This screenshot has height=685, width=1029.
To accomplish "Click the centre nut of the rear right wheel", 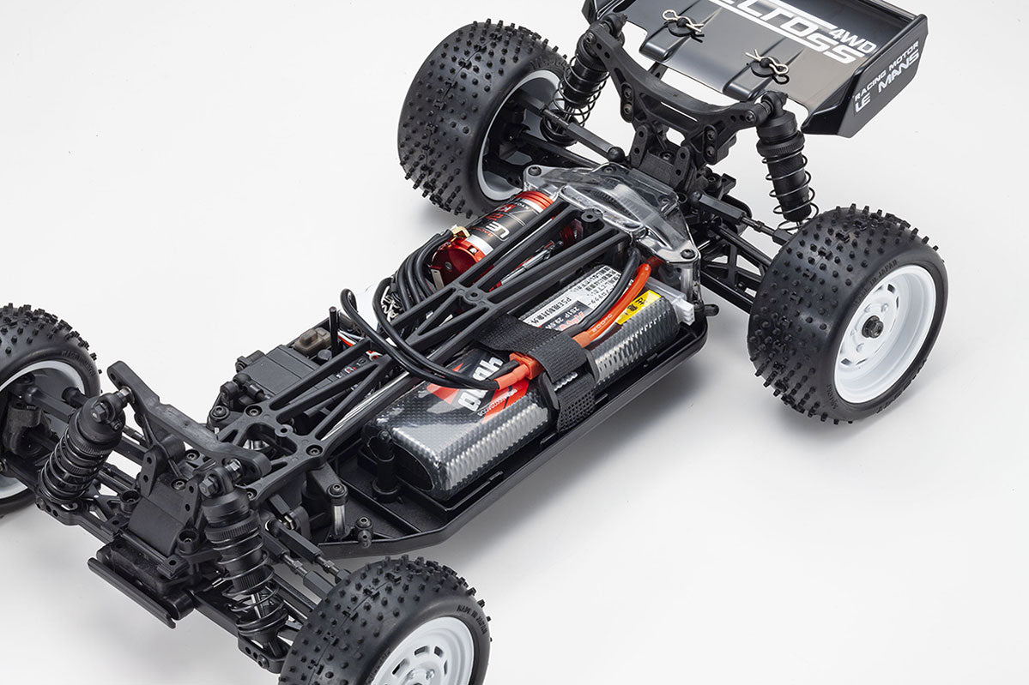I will click(x=873, y=327).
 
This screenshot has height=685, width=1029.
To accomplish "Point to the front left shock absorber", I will click(x=82, y=446).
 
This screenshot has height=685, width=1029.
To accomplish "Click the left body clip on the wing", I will click(x=682, y=24).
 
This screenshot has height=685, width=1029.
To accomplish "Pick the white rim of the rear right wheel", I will click(x=884, y=334).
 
